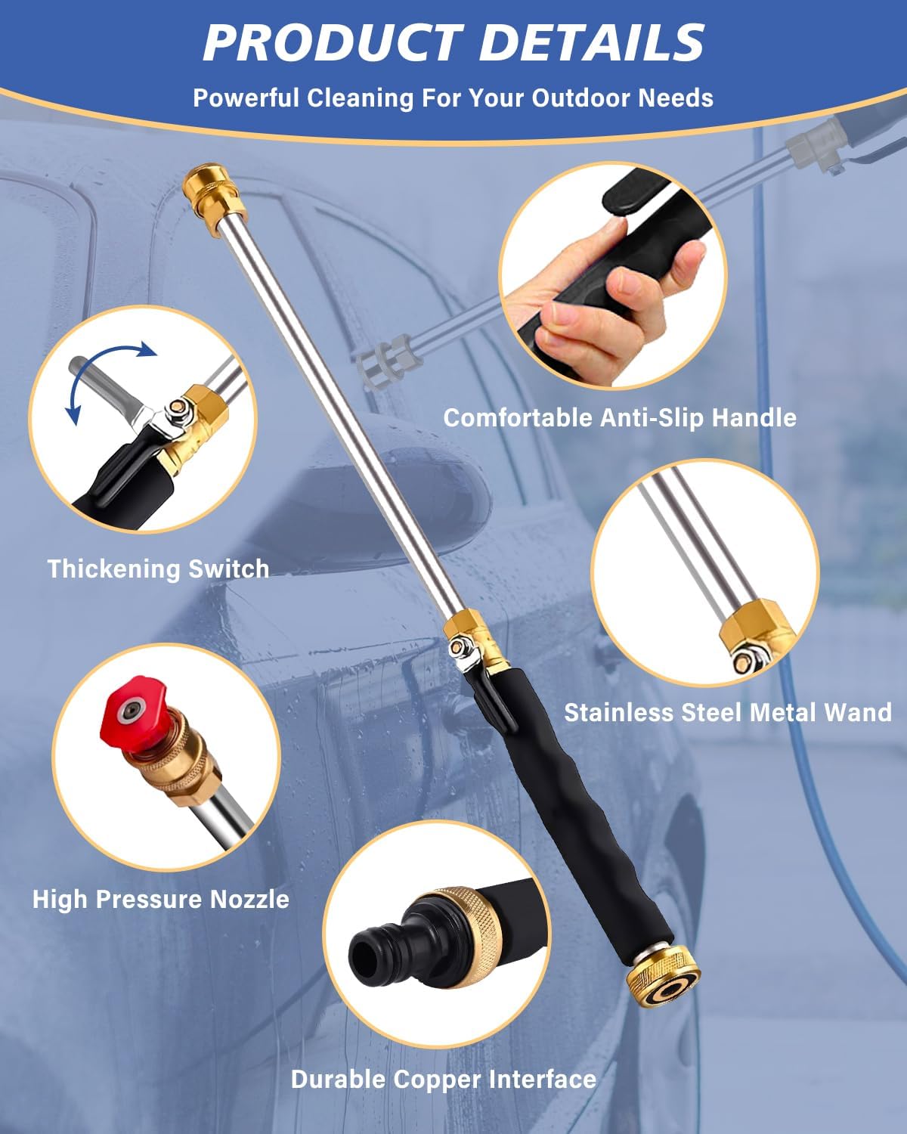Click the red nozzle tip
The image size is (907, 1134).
126,714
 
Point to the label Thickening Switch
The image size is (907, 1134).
158,569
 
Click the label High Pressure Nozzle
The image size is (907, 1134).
161,899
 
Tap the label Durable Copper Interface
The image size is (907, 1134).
444,1079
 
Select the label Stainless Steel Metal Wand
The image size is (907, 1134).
728,712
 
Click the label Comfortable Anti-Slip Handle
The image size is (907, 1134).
620,417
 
